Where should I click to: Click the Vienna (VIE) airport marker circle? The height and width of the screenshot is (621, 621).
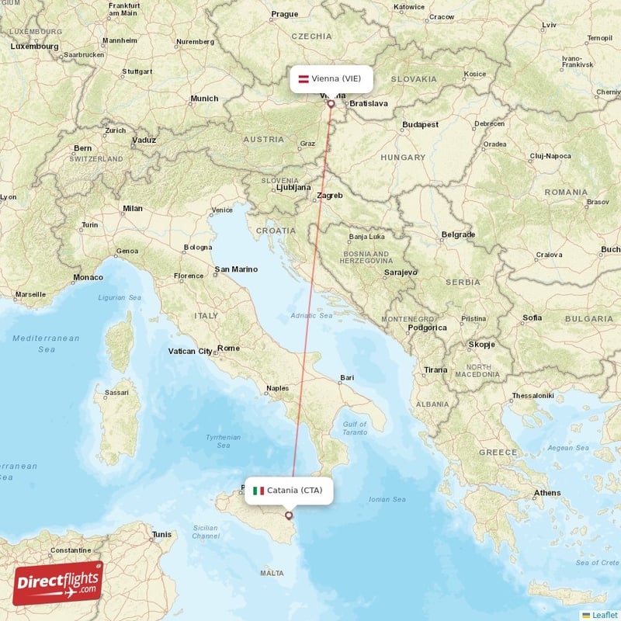[331, 103]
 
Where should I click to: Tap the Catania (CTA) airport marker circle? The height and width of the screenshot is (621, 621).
[289, 515]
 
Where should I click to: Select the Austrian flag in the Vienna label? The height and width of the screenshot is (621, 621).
[305, 78]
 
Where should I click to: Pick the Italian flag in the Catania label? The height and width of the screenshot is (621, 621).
[258, 491]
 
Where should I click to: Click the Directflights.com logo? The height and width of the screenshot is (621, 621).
[57, 583]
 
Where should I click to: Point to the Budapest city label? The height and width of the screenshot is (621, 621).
[420, 124]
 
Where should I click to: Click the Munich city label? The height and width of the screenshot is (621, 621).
[204, 99]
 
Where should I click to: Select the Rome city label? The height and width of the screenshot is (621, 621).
[228, 349]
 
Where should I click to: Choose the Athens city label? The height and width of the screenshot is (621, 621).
[546, 493]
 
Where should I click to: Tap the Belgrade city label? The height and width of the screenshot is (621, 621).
[457, 234]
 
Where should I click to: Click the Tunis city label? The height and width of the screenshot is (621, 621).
[161, 535]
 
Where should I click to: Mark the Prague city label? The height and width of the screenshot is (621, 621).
[284, 14]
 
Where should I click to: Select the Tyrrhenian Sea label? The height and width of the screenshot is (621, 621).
[223, 442]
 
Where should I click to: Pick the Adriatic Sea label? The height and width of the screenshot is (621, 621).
[310, 316]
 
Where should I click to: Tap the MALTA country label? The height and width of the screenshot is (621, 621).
[272, 573]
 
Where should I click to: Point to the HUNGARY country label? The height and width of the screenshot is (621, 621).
[403, 158]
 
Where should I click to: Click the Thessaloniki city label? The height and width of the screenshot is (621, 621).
[532, 396]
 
